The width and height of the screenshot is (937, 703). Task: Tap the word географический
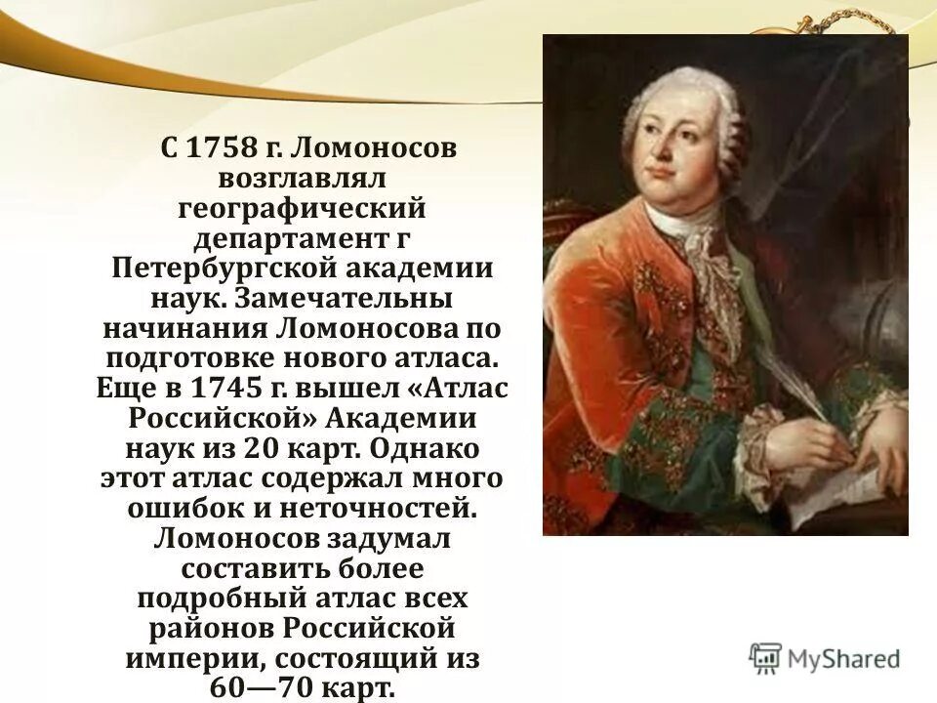(303, 209)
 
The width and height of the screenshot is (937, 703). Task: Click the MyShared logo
(826, 658)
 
